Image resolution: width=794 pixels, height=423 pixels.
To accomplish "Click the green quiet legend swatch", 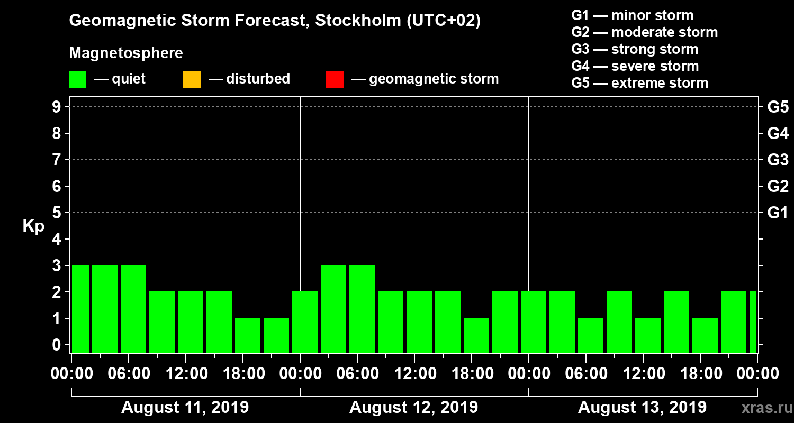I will pyautogui.click(x=77, y=80).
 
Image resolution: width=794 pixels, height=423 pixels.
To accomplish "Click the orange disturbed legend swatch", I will pyautogui.click(x=192, y=80).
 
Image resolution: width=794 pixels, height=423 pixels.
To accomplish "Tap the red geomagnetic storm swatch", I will pyautogui.click(x=335, y=80).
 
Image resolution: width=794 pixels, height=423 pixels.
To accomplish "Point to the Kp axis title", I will pyautogui.click(x=33, y=226).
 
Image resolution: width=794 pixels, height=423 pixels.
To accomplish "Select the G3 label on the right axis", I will pyautogui.click(x=778, y=160).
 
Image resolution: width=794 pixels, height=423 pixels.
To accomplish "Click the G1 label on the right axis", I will pyautogui.click(x=778, y=213).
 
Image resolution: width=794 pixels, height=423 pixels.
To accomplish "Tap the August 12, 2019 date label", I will pyautogui.click(x=413, y=408).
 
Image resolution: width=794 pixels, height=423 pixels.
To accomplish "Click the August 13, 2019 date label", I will pyautogui.click(x=642, y=408).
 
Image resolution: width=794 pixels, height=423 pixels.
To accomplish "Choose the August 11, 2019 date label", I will pyautogui.click(x=185, y=408).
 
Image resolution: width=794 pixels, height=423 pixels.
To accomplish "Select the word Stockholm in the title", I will pyautogui.click(x=357, y=21).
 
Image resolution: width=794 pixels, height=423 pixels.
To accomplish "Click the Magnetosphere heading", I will pyautogui.click(x=126, y=53).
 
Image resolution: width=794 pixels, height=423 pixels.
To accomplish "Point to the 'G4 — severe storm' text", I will pyautogui.click(x=635, y=66).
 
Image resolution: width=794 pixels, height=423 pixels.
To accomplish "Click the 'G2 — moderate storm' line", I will pyautogui.click(x=645, y=32).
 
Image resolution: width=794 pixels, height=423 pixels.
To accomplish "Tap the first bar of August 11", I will pyautogui.click(x=80, y=309).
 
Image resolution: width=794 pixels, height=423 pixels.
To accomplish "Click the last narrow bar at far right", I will pyautogui.click(x=753, y=322).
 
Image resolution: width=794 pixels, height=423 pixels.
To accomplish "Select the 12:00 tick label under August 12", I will pyautogui.click(x=414, y=374).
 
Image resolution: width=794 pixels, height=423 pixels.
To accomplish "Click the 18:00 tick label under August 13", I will pyautogui.click(x=700, y=374).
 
